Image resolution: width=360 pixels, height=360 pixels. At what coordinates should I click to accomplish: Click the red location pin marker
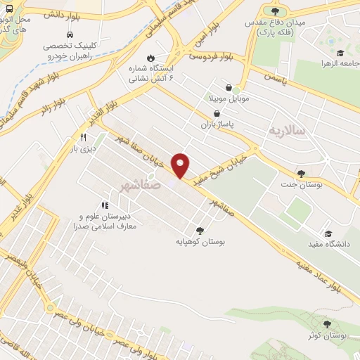click(x=181, y=165)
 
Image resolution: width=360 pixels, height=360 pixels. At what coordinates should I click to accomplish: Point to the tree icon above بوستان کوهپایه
click(x=201, y=229)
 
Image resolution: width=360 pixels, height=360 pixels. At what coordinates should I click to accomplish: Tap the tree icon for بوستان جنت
click(x=302, y=174)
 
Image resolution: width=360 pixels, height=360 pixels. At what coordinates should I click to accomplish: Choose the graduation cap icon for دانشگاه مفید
click(x=328, y=233)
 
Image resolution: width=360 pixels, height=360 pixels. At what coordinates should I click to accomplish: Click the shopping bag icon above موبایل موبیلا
click(x=229, y=87)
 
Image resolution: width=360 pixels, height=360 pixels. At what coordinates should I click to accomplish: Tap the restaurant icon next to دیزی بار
click(x=84, y=138)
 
